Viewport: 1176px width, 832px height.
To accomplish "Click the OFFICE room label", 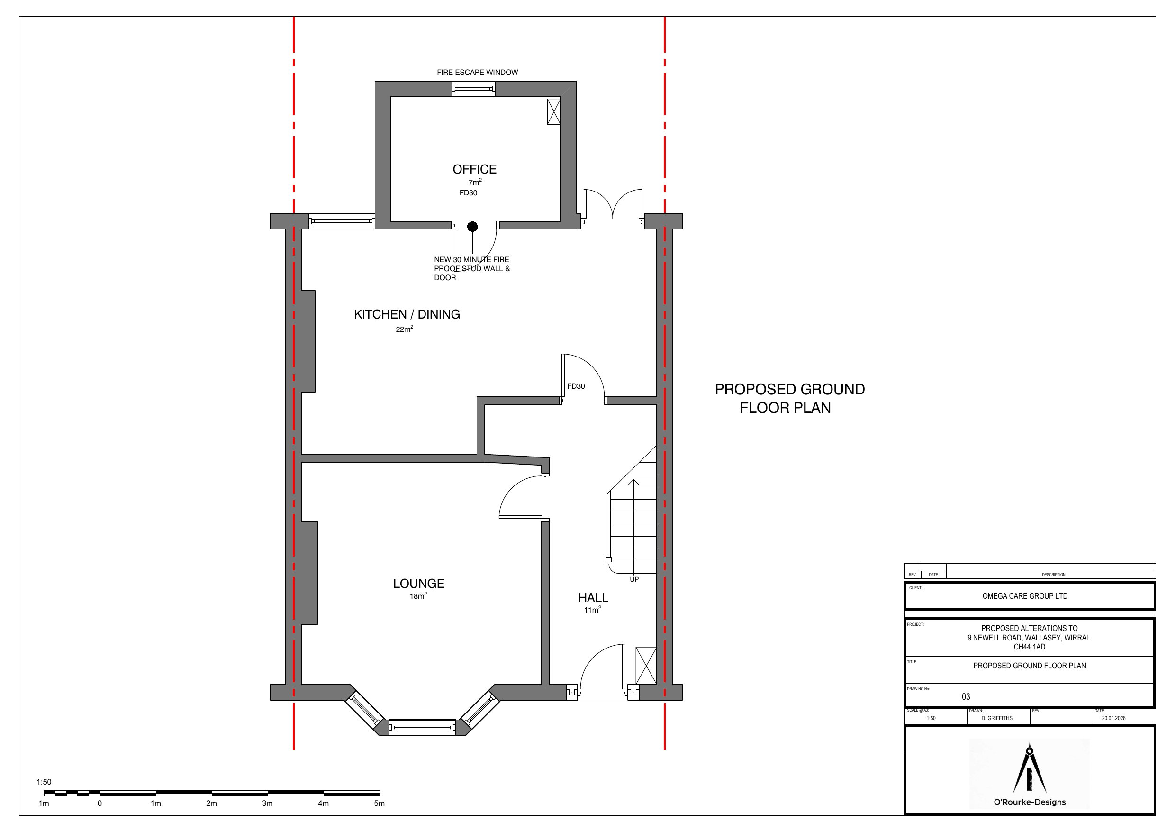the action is point(474,169).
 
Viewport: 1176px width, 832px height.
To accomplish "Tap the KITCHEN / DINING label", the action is point(407,314).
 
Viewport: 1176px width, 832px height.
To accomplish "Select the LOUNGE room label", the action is point(418,584).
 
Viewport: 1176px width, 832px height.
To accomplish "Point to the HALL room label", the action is point(593,598).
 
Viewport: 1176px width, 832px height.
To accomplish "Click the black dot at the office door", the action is point(472,226).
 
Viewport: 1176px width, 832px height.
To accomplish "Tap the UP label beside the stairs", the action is point(634,579).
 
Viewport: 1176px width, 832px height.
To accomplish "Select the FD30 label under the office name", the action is point(468,193).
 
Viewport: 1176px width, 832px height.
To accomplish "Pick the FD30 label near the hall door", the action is point(576,386).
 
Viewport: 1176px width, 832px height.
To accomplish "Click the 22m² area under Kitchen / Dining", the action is point(404,329).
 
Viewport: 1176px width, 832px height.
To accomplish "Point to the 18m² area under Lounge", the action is point(418,596).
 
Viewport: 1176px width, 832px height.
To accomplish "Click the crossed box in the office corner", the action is point(554,111).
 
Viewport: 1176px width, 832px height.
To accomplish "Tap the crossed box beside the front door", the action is point(646,666).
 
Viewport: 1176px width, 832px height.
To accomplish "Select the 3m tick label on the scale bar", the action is point(267,803).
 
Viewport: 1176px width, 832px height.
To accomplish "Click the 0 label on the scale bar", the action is point(100,803).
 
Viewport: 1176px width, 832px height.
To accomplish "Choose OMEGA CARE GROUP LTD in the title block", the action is point(1025,596).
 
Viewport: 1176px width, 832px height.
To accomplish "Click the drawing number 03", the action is point(966,697).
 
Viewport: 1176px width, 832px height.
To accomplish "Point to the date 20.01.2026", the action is point(1113,718).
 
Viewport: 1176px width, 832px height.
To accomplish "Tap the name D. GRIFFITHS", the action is point(997,718).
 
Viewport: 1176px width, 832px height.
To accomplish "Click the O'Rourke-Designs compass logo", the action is point(1030,774).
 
